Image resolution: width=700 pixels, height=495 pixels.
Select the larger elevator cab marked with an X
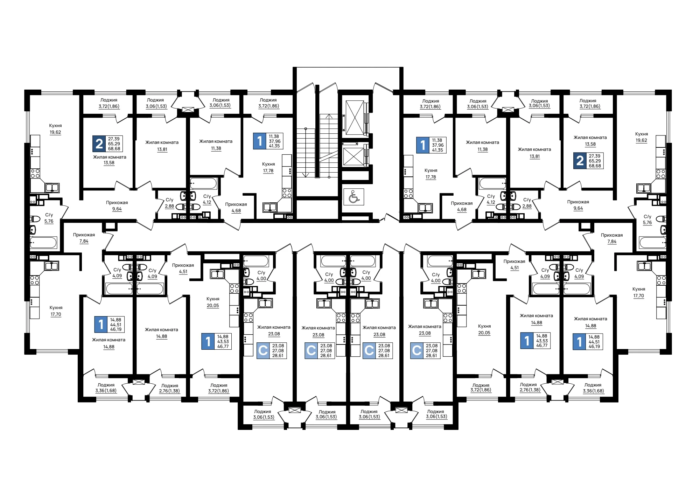[x=355, y=118]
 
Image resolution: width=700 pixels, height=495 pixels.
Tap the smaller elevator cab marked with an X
[x=353, y=156]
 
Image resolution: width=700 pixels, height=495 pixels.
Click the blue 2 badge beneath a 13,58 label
[x=580, y=161]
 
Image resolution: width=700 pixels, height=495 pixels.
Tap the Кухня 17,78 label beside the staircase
[x=268, y=167]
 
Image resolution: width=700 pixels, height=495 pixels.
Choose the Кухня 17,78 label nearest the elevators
[x=430, y=174]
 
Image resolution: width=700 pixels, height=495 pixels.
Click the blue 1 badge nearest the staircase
[x=259, y=141]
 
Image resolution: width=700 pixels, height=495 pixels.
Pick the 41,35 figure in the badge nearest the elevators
[x=437, y=150]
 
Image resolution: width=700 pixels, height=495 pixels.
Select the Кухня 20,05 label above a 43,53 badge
[x=213, y=302]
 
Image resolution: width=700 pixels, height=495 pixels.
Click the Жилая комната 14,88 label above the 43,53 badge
[x=536, y=319]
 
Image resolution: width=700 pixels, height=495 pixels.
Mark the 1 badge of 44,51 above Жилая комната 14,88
[x=101, y=325]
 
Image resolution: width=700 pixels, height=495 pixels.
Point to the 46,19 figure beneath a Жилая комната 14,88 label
[x=594, y=347]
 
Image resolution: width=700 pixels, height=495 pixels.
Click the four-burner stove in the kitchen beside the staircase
[x=287, y=193]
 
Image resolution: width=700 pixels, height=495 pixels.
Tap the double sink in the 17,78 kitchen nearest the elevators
[x=425, y=208]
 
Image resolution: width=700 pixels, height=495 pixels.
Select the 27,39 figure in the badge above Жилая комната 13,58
[x=114, y=139]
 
